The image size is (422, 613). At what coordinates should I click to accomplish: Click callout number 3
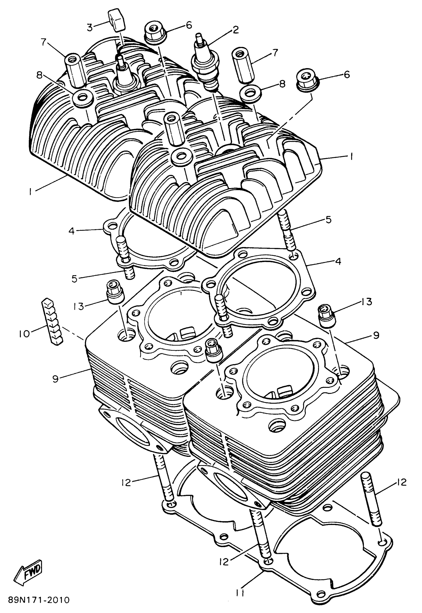[90, 27]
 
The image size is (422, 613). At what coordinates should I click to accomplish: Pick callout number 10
[24, 334]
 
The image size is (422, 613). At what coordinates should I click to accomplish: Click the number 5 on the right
[328, 220]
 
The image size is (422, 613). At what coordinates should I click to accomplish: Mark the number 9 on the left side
[55, 379]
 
